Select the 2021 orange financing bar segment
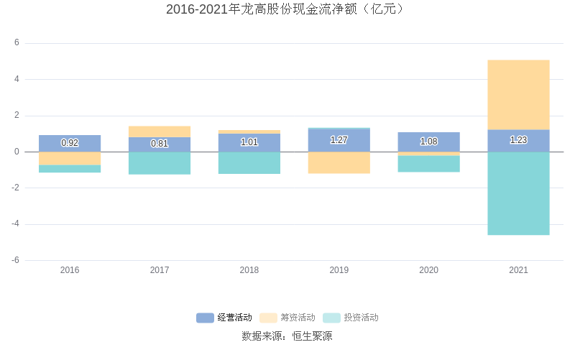click(518, 95)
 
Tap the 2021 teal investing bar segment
click(518, 193)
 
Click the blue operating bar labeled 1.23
click(518, 141)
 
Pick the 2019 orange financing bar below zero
click(339, 162)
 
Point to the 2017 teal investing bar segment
click(160, 163)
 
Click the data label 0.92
click(70, 143)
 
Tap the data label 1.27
click(339, 140)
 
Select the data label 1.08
click(428, 142)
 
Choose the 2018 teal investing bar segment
click(249, 163)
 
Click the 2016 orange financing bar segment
click(70, 159)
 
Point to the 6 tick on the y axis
click(17, 43)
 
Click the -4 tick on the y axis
click(15, 224)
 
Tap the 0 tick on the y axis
click(17, 152)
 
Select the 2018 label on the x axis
click(249, 270)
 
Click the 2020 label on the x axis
click(428, 270)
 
